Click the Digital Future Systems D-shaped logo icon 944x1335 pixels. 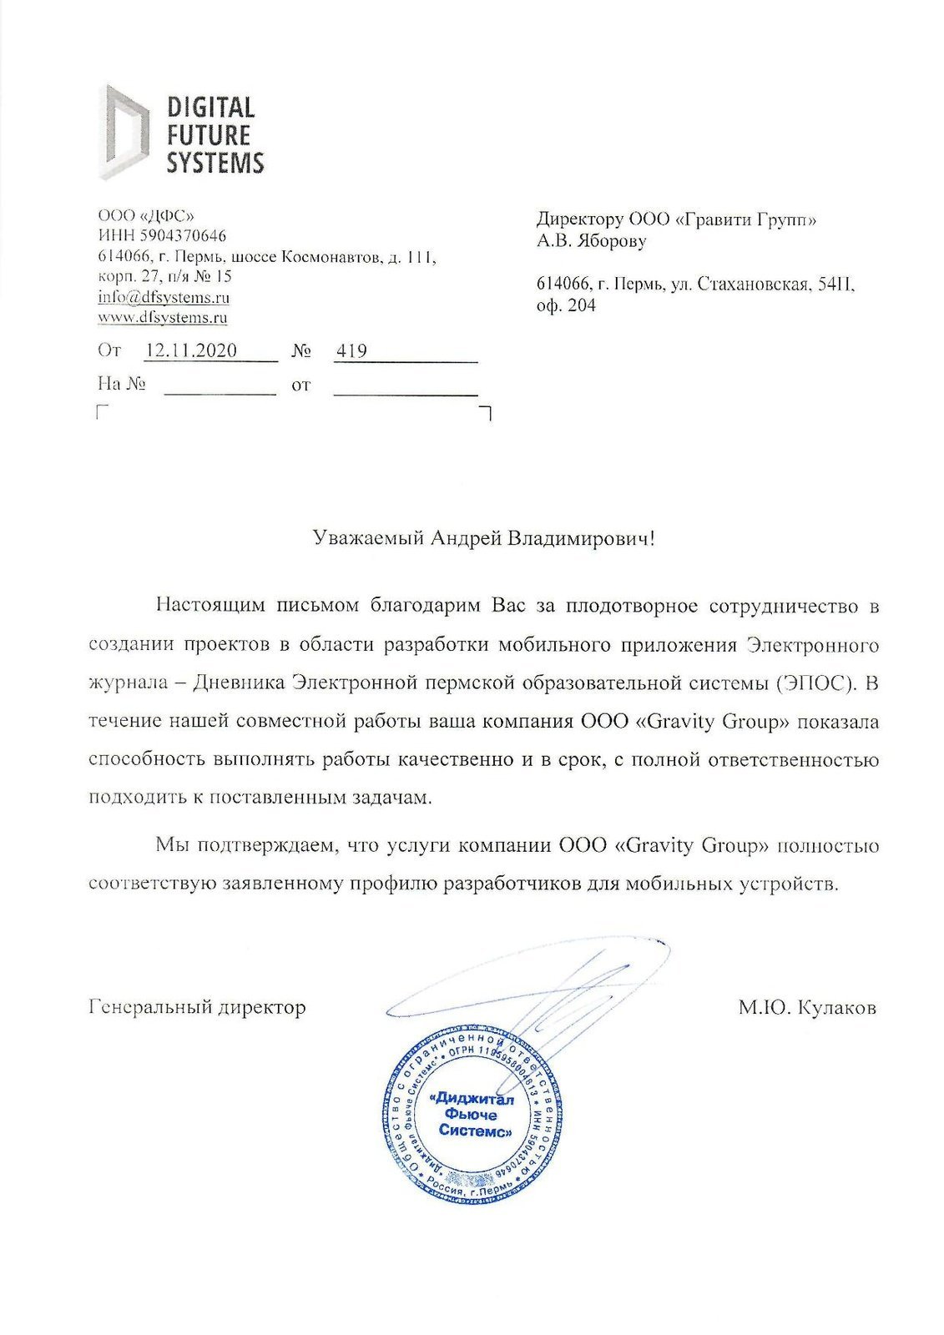point(124,131)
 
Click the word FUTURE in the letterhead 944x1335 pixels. point(209,134)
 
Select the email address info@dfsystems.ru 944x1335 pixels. point(164,297)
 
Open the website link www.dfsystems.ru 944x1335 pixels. point(163,317)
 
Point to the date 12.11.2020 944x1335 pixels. point(190,351)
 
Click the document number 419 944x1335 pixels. point(351,351)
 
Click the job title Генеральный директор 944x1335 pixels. point(198,1007)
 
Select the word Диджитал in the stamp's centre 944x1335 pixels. point(472,1099)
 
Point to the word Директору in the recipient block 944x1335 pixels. point(579,219)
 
